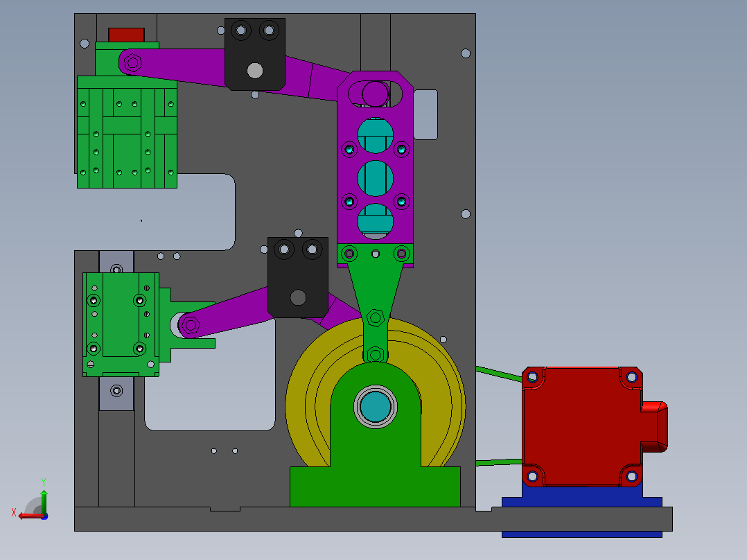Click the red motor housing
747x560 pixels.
click(582, 426)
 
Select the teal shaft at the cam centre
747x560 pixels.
click(376, 407)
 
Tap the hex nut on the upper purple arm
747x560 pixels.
click(132, 63)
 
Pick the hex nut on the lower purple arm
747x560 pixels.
click(191, 326)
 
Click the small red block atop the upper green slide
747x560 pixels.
click(126, 35)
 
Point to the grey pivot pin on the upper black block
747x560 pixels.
click(255, 71)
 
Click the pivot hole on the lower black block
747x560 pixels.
click(298, 297)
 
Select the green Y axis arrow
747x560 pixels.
click(44, 501)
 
